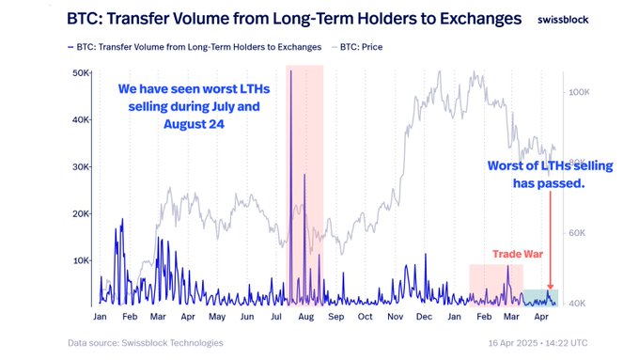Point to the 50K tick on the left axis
tap(82, 73)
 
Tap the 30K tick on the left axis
tap(82, 167)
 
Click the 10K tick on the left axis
tap(82, 260)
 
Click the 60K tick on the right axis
tap(576, 233)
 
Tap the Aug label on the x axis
tap(305, 317)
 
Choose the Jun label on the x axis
tap(247, 317)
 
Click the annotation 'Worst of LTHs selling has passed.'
tap(550, 175)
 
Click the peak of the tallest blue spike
tap(291, 71)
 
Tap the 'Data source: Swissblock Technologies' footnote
tap(146, 343)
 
